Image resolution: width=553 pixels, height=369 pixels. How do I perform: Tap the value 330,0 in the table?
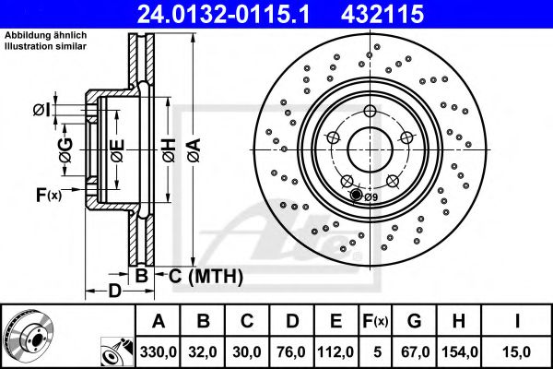click(x=159, y=351)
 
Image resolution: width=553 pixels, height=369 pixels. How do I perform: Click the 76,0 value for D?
click(x=292, y=351)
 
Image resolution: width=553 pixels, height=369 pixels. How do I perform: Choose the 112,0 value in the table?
click(x=336, y=351)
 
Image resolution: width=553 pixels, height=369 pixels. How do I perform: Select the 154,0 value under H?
click(x=459, y=351)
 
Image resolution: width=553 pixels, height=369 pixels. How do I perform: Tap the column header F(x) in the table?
click(x=376, y=321)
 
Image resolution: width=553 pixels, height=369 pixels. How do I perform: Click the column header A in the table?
click(x=159, y=321)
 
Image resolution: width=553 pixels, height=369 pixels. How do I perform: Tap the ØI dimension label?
click(x=41, y=111)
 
